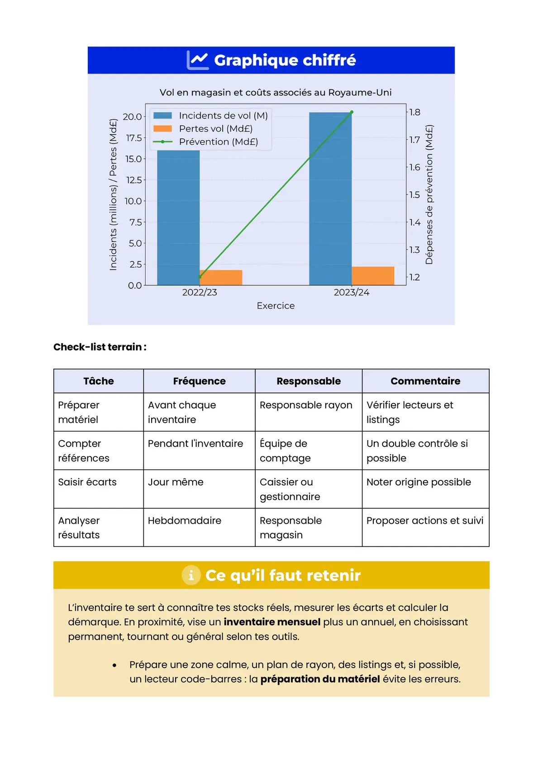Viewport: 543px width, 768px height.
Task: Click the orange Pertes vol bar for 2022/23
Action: (221, 278)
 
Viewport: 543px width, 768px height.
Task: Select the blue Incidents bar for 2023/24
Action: (330, 199)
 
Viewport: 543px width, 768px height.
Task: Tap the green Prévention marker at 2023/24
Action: (352, 112)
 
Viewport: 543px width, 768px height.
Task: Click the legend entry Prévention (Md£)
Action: (218, 142)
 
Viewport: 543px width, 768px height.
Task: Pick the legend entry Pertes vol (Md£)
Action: (215, 128)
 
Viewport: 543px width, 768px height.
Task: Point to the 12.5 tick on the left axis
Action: (134, 180)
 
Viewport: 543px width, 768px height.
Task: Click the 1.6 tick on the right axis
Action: (414, 167)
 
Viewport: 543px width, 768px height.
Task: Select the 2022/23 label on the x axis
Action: (200, 293)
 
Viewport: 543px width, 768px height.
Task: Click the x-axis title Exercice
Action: (276, 306)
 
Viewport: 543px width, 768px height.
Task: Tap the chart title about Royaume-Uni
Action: (276, 92)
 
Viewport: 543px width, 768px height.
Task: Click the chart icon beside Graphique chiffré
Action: (198, 60)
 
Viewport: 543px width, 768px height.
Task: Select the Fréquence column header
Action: (199, 381)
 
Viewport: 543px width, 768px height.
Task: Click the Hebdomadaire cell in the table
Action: (185, 521)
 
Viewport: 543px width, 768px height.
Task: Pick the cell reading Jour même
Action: (176, 482)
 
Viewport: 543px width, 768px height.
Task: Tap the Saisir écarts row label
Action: (87, 482)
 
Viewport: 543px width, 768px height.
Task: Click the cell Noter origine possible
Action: (419, 482)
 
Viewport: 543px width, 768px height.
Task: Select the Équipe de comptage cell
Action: (285, 450)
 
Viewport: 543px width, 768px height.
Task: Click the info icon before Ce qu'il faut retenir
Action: (191, 575)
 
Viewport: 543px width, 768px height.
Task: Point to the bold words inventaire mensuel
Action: (272, 622)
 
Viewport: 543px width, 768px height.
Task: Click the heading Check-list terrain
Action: (100, 347)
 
